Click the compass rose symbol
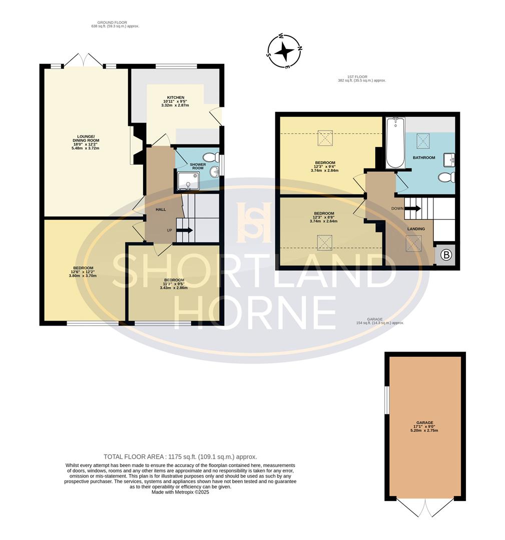pos(285,51)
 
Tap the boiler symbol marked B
pos(446,255)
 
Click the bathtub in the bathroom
pos(395,143)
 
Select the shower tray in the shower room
pos(188,181)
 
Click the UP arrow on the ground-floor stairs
pos(185,230)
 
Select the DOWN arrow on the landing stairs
pos(412,208)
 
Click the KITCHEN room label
pos(176,97)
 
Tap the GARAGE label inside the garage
pos(425,422)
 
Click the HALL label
pos(161,209)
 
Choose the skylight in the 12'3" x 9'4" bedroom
pos(325,138)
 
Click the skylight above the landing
pos(413,243)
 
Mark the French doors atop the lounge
pos(84,60)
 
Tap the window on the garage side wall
pos(387,399)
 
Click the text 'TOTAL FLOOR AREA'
pos(134,457)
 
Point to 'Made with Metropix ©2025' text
pos(180,492)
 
